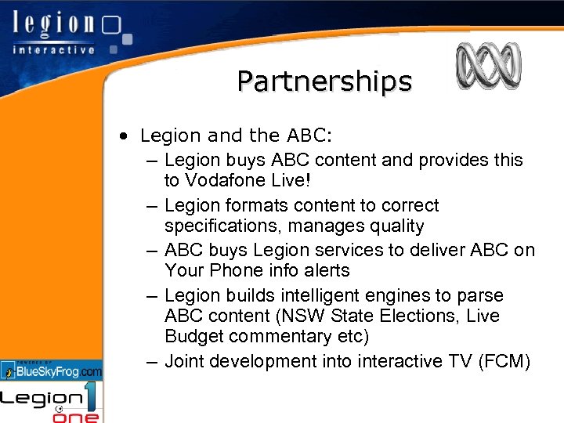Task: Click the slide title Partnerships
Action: pos(324,81)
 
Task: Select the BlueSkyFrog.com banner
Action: pos(52,369)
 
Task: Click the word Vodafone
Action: pos(221,180)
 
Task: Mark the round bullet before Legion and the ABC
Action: pos(125,136)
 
